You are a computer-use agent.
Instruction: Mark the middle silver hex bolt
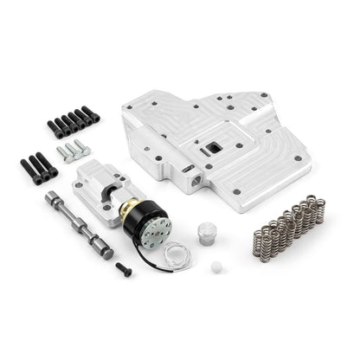coord(73,151)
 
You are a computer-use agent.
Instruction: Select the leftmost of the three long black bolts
coord(28,168)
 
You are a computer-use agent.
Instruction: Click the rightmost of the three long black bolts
coord(48,163)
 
